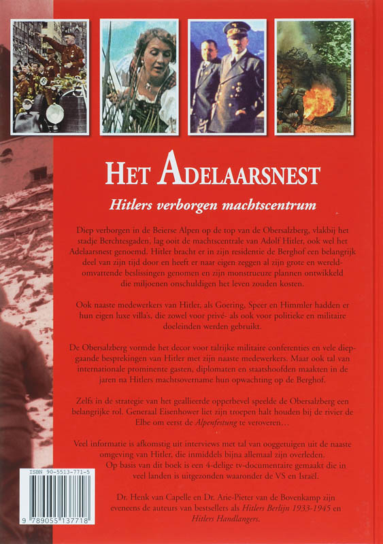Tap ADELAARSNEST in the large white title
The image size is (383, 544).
point(237,173)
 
